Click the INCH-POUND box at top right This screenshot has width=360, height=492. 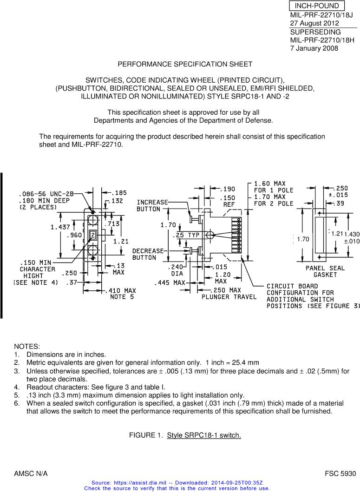[x=317, y=6]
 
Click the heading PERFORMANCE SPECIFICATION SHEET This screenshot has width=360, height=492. [x=185, y=64]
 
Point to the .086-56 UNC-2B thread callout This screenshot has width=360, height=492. [x=46, y=194]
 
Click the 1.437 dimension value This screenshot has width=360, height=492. [x=60, y=227]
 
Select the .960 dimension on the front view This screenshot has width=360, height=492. [x=74, y=236]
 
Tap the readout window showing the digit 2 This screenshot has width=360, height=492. [x=93, y=236]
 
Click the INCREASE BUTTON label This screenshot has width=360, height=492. [x=151, y=206]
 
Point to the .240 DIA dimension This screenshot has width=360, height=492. [x=177, y=270]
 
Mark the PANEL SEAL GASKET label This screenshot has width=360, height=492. [x=325, y=271]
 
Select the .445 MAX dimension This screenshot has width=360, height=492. [x=170, y=282]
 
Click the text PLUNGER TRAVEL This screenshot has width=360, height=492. [x=229, y=297]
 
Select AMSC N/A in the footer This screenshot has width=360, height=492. [x=31, y=474]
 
